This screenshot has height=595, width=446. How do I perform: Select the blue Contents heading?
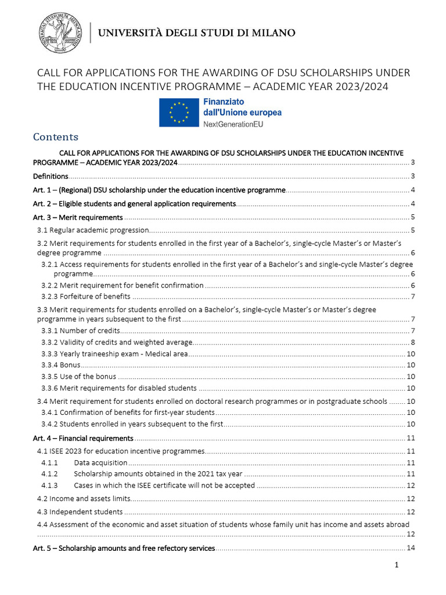tap(56, 137)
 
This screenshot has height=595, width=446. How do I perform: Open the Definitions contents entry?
tap(51, 176)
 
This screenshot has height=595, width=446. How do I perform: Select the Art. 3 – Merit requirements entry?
tap(78, 217)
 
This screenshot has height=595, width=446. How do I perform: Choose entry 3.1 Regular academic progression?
tap(93, 231)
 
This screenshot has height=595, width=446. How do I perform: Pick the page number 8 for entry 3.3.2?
tap(412, 342)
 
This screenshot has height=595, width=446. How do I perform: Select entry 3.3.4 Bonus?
tap(60, 365)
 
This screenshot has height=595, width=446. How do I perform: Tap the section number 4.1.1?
tap(49, 463)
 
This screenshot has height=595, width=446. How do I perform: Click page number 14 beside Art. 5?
tap(409, 548)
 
